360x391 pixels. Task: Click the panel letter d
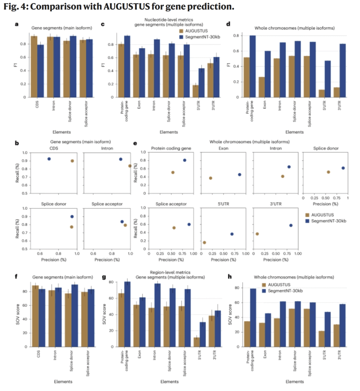228,24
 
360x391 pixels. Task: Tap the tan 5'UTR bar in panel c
195,91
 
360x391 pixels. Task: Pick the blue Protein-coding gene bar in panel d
252,66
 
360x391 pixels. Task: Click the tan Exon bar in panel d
262,87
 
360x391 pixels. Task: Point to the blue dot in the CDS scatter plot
49,159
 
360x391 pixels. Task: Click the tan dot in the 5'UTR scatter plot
204,242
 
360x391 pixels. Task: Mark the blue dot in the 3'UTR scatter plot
291,225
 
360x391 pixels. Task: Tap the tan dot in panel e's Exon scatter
211,178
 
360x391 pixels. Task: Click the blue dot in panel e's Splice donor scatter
343,168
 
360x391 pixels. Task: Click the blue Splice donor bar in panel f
75,315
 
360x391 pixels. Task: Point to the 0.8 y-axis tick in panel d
236,36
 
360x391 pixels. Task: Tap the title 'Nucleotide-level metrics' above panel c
169,20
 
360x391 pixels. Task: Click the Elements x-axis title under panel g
169,382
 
